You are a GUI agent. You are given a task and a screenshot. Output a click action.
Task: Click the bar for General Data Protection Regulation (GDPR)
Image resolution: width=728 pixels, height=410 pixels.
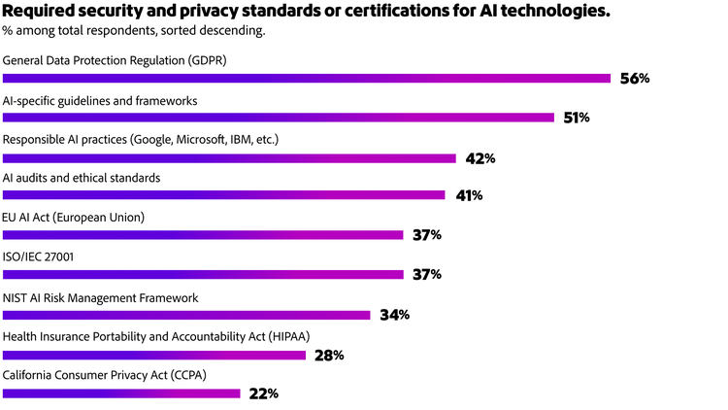pyautogui.click(x=306, y=78)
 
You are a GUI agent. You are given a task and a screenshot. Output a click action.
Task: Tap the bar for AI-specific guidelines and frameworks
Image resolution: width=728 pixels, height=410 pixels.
pyautogui.click(x=279, y=118)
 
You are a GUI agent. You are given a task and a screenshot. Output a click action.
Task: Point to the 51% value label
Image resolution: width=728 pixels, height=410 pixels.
pyautogui.click(x=577, y=118)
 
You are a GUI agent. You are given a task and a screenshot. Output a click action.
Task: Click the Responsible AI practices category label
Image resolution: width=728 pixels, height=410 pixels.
pyautogui.click(x=141, y=140)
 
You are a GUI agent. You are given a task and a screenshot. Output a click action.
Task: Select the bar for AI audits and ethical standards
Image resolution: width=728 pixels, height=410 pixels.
pyautogui.click(x=223, y=195)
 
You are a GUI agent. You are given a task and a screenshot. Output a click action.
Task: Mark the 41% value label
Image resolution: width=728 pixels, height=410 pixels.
pyautogui.click(x=469, y=195)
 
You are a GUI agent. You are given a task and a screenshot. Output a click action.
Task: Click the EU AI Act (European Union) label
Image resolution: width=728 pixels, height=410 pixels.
pyautogui.click(x=74, y=218)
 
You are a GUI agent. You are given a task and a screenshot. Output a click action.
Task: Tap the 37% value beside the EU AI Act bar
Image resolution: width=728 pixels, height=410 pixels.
pyautogui.click(x=428, y=235)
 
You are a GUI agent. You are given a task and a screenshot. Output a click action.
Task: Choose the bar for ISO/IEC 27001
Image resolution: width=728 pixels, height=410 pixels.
pyautogui.click(x=203, y=275)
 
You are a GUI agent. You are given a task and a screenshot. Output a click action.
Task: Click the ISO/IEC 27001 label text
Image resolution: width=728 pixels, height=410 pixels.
pyautogui.click(x=39, y=257)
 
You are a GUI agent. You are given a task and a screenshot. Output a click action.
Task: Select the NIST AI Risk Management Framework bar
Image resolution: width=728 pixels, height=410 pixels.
pyautogui.click(x=186, y=314)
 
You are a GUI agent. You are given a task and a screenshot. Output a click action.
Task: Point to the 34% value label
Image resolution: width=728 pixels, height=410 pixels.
pyautogui.click(x=395, y=315)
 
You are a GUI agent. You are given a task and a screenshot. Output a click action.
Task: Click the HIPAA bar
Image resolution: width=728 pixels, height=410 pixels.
pyautogui.click(x=154, y=355)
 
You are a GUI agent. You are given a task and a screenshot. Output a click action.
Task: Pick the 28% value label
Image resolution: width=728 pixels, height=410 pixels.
pyautogui.click(x=329, y=355)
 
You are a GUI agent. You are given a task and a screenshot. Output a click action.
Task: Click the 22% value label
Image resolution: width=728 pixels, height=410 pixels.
pyautogui.click(x=264, y=393)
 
